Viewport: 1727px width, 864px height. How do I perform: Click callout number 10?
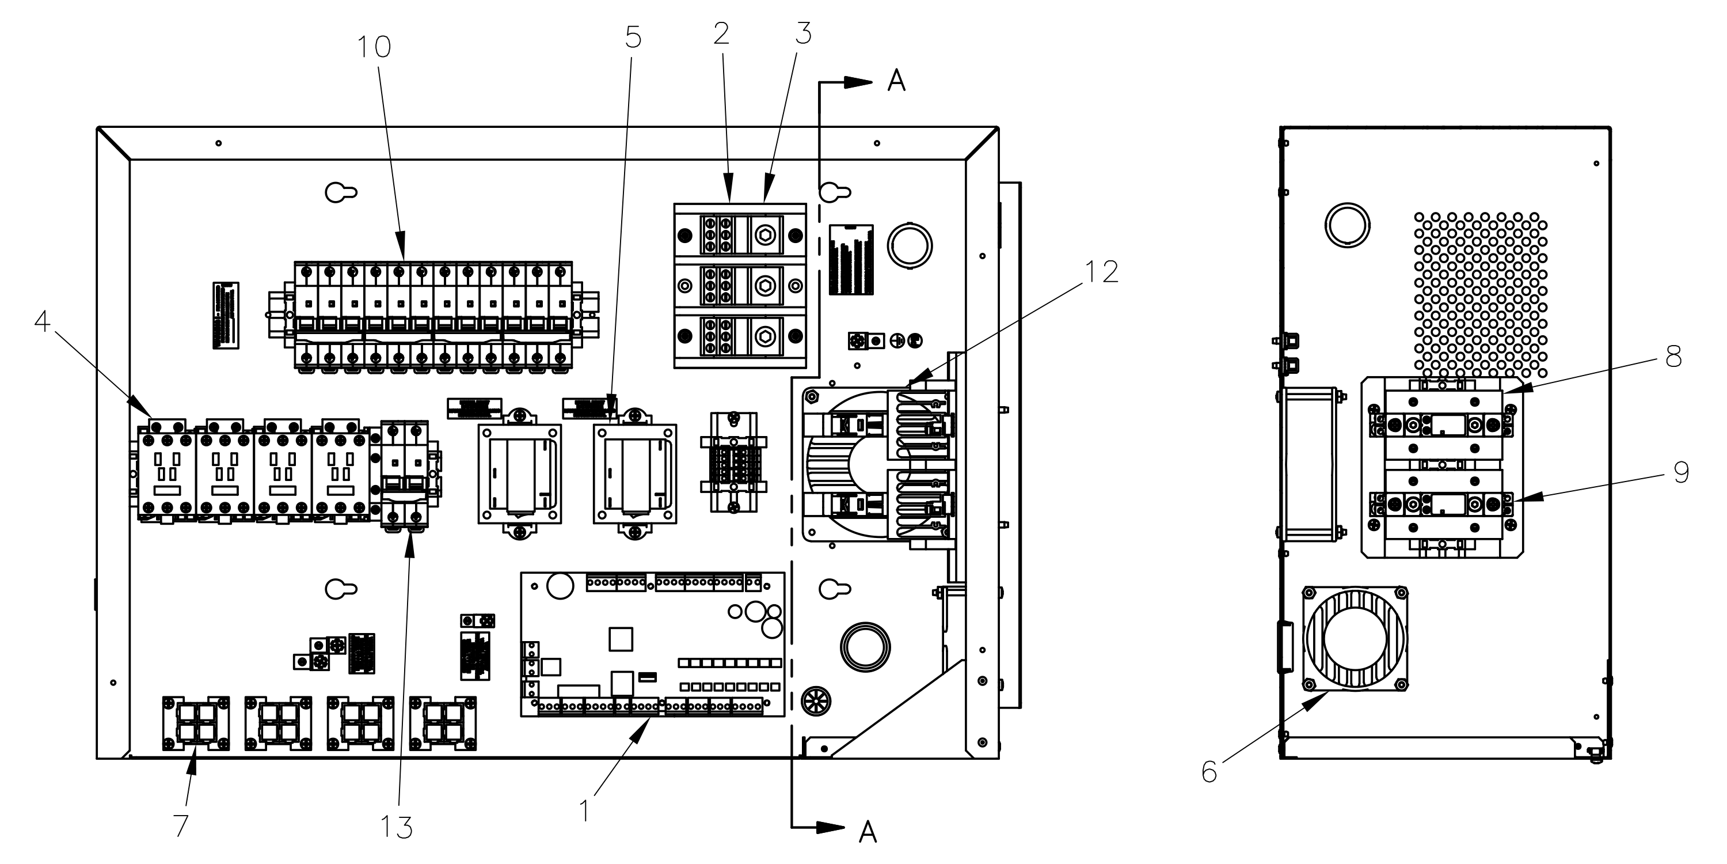pyautogui.click(x=374, y=48)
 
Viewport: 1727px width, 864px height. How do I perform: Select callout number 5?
pyautogui.click(x=633, y=38)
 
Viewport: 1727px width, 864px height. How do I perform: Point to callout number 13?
pyautogui.click(x=396, y=828)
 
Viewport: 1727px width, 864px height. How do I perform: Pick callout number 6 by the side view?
pyautogui.click(x=1209, y=772)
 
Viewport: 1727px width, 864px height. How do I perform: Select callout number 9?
pyautogui.click(x=1681, y=473)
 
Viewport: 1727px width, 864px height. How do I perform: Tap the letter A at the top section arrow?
pyautogui.click(x=896, y=81)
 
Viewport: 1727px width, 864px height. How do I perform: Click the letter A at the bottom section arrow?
pyautogui.click(x=868, y=832)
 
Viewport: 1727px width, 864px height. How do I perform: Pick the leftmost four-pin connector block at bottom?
pyautogui.click(x=196, y=724)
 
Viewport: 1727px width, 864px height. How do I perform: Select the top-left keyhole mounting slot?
pyautogui.click(x=341, y=192)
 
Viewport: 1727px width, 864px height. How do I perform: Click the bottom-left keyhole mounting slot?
pyautogui.click(x=341, y=589)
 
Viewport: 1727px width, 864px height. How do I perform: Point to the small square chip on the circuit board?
pyautogui.click(x=621, y=639)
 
